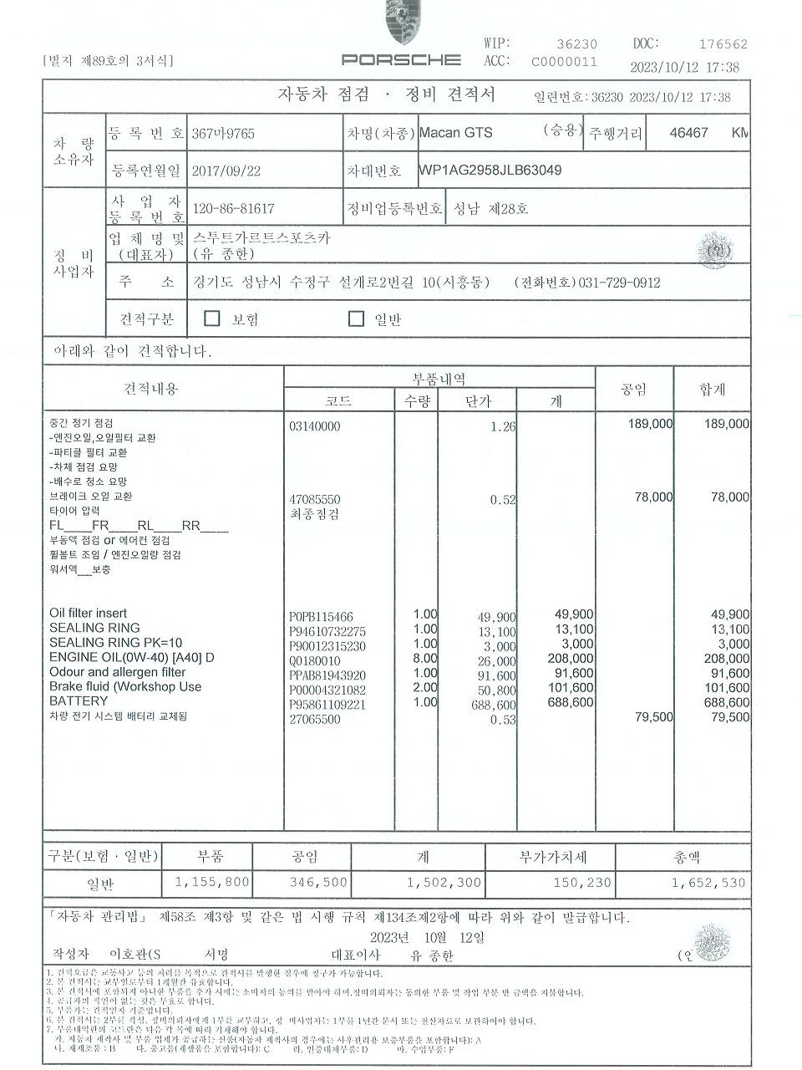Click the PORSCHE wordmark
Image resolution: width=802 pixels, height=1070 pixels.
click(x=401, y=59)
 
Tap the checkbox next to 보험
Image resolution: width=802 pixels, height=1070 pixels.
click(x=212, y=318)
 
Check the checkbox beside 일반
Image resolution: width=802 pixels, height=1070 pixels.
click(x=357, y=318)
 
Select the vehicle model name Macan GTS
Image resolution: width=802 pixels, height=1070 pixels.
click(x=455, y=133)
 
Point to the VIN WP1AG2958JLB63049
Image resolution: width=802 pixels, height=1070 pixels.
click(x=490, y=171)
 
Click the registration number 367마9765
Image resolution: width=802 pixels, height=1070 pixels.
click(x=223, y=134)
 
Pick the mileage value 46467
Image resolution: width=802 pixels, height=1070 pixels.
click(x=689, y=133)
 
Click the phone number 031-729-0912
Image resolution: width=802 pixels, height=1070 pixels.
click(x=619, y=283)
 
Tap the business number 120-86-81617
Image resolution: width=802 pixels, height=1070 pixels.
click(x=233, y=208)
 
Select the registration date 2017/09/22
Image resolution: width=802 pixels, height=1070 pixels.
click(x=226, y=171)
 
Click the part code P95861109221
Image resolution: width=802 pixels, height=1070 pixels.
click(x=327, y=705)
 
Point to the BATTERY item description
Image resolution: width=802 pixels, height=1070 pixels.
click(x=79, y=701)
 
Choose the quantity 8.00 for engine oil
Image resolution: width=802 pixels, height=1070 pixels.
click(x=425, y=658)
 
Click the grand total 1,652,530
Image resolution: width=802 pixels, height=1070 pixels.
click(x=708, y=882)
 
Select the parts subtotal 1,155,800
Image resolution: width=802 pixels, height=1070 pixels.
click(x=212, y=882)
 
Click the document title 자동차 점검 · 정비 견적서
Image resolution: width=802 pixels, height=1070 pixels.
click(x=386, y=94)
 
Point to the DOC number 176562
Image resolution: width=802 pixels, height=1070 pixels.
click(x=723, y=45)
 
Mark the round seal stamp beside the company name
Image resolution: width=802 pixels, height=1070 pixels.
click(x=715, y=249)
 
